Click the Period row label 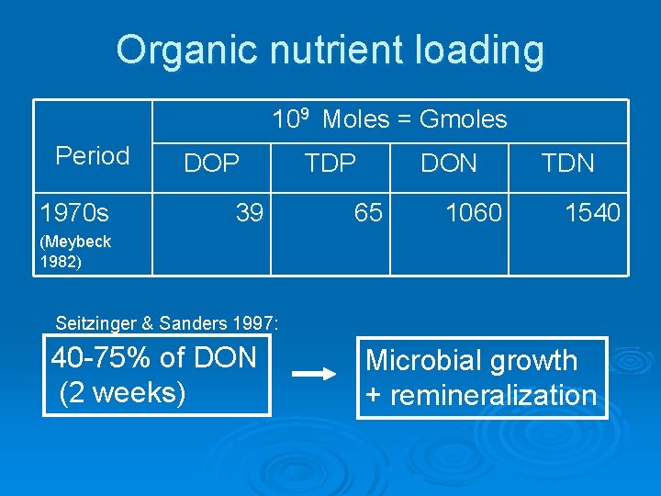pyautogui.click(x=92, y=156)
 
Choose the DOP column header pyautogui.click(x=212, y=163)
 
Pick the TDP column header pyautogui.click(x=330, y=163)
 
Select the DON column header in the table pyautogui.click(x=449, y=163)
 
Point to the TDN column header pyautogui.click(x=568, y=163)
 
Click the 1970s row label pyautogui.click(x=74, y=214)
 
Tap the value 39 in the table pyautogui.click(x=249, y=214)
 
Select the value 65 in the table pyautogui.click(x=368, y=214)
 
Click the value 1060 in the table pyautogui.click(x=474, y=214)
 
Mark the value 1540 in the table pyautogui.click(x=592, y=214)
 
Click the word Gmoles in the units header pyautogui.click(x=463, y=119)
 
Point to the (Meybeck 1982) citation pyautogui.click(x=75, y=251)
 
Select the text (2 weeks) pyautogui.click(x=122, y=392)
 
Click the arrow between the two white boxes pyautogui.click(x=313, y=374)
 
